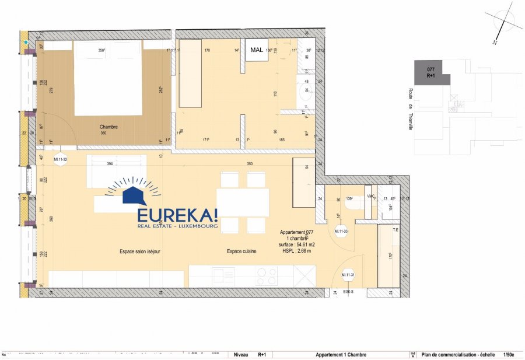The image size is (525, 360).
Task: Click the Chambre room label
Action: [109, 127]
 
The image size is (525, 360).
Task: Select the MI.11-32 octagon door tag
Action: [61, 159]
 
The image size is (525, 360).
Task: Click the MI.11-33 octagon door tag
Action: [341, 232]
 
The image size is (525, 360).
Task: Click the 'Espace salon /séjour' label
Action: [140, 251]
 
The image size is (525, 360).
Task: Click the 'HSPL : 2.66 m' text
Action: [297, 251]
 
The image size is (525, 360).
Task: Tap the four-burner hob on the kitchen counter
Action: [267, 276]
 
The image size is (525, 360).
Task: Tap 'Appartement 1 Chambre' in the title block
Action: [341, 354]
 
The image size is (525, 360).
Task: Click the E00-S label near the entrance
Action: [349, 292]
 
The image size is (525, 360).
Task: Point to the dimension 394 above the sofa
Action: [109, 165]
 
